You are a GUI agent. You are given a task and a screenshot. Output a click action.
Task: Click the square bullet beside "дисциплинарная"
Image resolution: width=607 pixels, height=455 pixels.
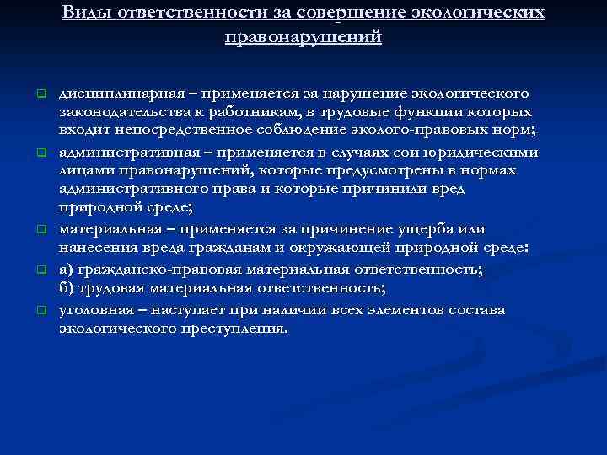click(x=39, y=91)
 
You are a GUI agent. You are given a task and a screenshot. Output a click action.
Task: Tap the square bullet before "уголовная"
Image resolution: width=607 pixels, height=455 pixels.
click(x=39, y=310)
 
